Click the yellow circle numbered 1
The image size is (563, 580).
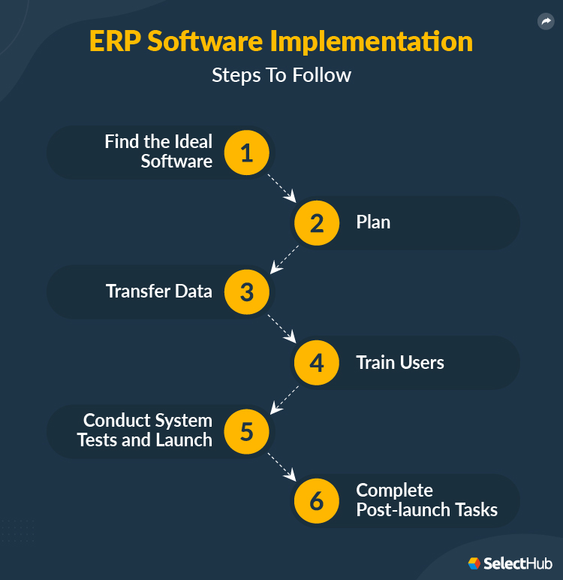point(246,153)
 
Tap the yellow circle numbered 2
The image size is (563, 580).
point(317,223)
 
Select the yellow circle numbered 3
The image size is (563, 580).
point(246,292)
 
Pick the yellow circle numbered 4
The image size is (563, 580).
point(317,363)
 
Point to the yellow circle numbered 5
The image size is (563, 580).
point(246,432)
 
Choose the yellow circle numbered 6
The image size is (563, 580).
point(317,501)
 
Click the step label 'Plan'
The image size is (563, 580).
point(373,222)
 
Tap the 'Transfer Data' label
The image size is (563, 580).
point(159,292)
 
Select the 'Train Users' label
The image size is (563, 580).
point(400,363)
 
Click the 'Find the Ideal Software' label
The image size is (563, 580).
point(158,151)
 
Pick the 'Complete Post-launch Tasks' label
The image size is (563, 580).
point(426,500)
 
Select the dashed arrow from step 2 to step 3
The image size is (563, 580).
point(283,257)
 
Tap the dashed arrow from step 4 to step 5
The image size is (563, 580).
point(283,398)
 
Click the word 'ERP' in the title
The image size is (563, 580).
point(115,41)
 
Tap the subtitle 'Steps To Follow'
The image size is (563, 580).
point(281,75)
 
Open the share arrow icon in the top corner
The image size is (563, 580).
point(546,22)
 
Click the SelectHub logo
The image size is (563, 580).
point(510,563)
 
